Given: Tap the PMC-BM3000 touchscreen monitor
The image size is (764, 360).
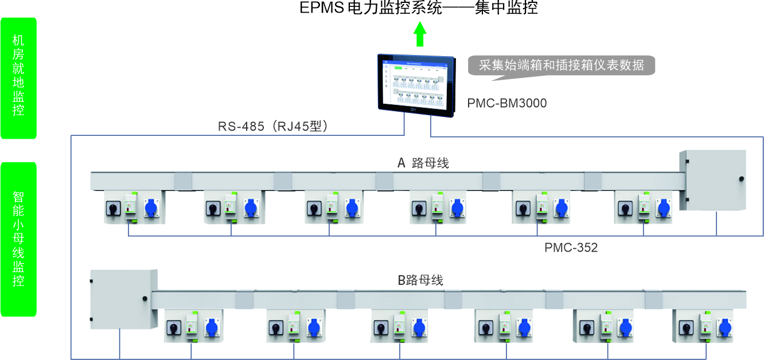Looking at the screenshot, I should (416, 82).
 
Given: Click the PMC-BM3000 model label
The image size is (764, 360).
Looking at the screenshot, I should (506, 104).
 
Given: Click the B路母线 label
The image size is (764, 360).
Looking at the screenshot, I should (420, 281).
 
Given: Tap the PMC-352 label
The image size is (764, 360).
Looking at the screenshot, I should (571, 248).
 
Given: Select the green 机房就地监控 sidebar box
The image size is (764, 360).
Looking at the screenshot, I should (18, 78).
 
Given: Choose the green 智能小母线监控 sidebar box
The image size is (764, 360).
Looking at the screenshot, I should (18, 239).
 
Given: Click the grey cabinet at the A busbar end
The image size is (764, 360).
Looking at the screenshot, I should (712, 180).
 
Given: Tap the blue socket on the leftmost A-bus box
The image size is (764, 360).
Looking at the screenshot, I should (151, 208).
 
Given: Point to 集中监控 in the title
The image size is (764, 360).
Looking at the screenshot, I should (506, 9).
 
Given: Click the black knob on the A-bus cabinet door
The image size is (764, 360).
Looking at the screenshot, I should (741, 179).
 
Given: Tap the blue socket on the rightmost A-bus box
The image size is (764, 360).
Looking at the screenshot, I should (664, 208).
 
